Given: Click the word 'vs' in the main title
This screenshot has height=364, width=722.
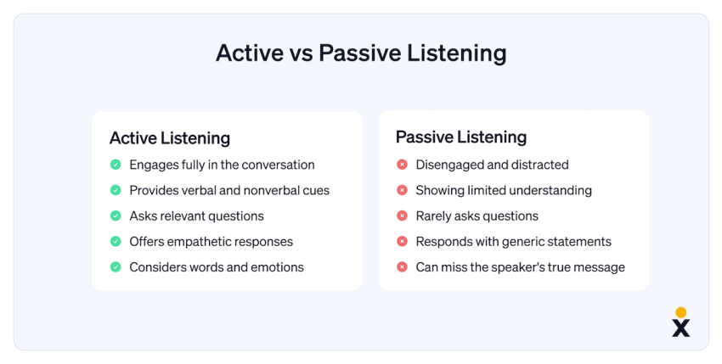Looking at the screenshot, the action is (x=302, y=53).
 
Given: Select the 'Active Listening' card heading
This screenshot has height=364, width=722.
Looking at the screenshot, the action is (x=170, y=138).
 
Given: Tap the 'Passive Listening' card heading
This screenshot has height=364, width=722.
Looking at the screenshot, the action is (x=461, y=137).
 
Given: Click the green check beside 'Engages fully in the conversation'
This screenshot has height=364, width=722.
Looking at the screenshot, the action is (x=116, y=165).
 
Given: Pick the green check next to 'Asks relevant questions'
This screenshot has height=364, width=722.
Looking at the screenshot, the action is (x=116, y=216).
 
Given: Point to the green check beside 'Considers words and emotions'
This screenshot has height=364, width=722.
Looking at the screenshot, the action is (x=116, y=267).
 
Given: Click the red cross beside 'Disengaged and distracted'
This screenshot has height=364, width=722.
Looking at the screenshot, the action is (x=402, y=165).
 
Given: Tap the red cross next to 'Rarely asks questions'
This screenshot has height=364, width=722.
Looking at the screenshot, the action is (x=402, y=216).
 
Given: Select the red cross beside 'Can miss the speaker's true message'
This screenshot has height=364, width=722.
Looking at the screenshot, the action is (x=402, y=267).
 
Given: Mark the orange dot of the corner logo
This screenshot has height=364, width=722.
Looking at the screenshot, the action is (x=681, y=312).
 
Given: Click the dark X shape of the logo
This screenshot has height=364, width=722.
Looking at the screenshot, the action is (x=681, y=328).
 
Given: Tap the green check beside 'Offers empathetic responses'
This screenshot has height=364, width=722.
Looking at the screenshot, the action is (x=116, y=241).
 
